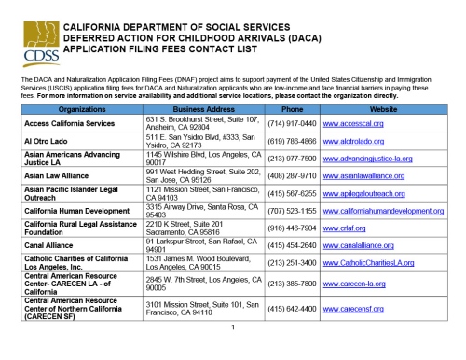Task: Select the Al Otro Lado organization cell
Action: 47,140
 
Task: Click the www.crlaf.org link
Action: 344,228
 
